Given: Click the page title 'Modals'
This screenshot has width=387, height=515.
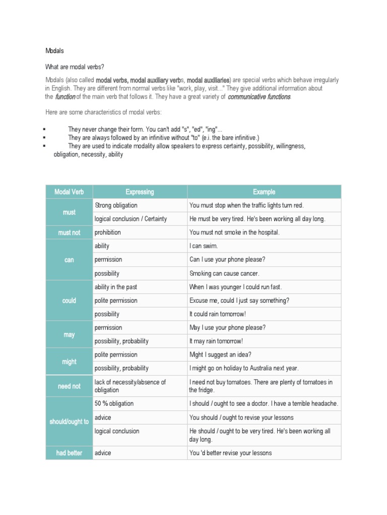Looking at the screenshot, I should coord(54,51).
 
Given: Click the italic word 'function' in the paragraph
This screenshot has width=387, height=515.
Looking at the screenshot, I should coord(65,97).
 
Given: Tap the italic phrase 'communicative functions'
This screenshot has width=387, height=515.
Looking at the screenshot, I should coord(259,97).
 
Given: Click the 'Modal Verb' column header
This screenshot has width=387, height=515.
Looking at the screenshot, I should coord(69,192).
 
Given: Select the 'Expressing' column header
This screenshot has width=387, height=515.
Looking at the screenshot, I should coord(140,192).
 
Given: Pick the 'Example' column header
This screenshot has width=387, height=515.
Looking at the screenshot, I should coord(264,192).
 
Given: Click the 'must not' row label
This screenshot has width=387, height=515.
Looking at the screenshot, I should coord(69,233).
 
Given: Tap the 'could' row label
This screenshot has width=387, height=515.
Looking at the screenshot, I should coord(69,301).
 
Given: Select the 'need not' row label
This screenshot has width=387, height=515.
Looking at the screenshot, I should coord(69,386).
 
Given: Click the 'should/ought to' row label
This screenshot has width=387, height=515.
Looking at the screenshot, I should coord(69,422).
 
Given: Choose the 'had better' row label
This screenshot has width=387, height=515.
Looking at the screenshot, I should coord(69,453).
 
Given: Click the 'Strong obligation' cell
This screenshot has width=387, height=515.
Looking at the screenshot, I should coord(116,205).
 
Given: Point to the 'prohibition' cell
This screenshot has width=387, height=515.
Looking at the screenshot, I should coord(108,233).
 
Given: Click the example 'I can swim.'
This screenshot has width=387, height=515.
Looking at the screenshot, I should coord(204,246).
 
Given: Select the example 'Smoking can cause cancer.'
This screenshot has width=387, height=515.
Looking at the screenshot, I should coord(224,274).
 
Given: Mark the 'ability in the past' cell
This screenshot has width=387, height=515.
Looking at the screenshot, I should coord(116,287).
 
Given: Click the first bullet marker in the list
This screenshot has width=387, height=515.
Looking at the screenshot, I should coord(45,129).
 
